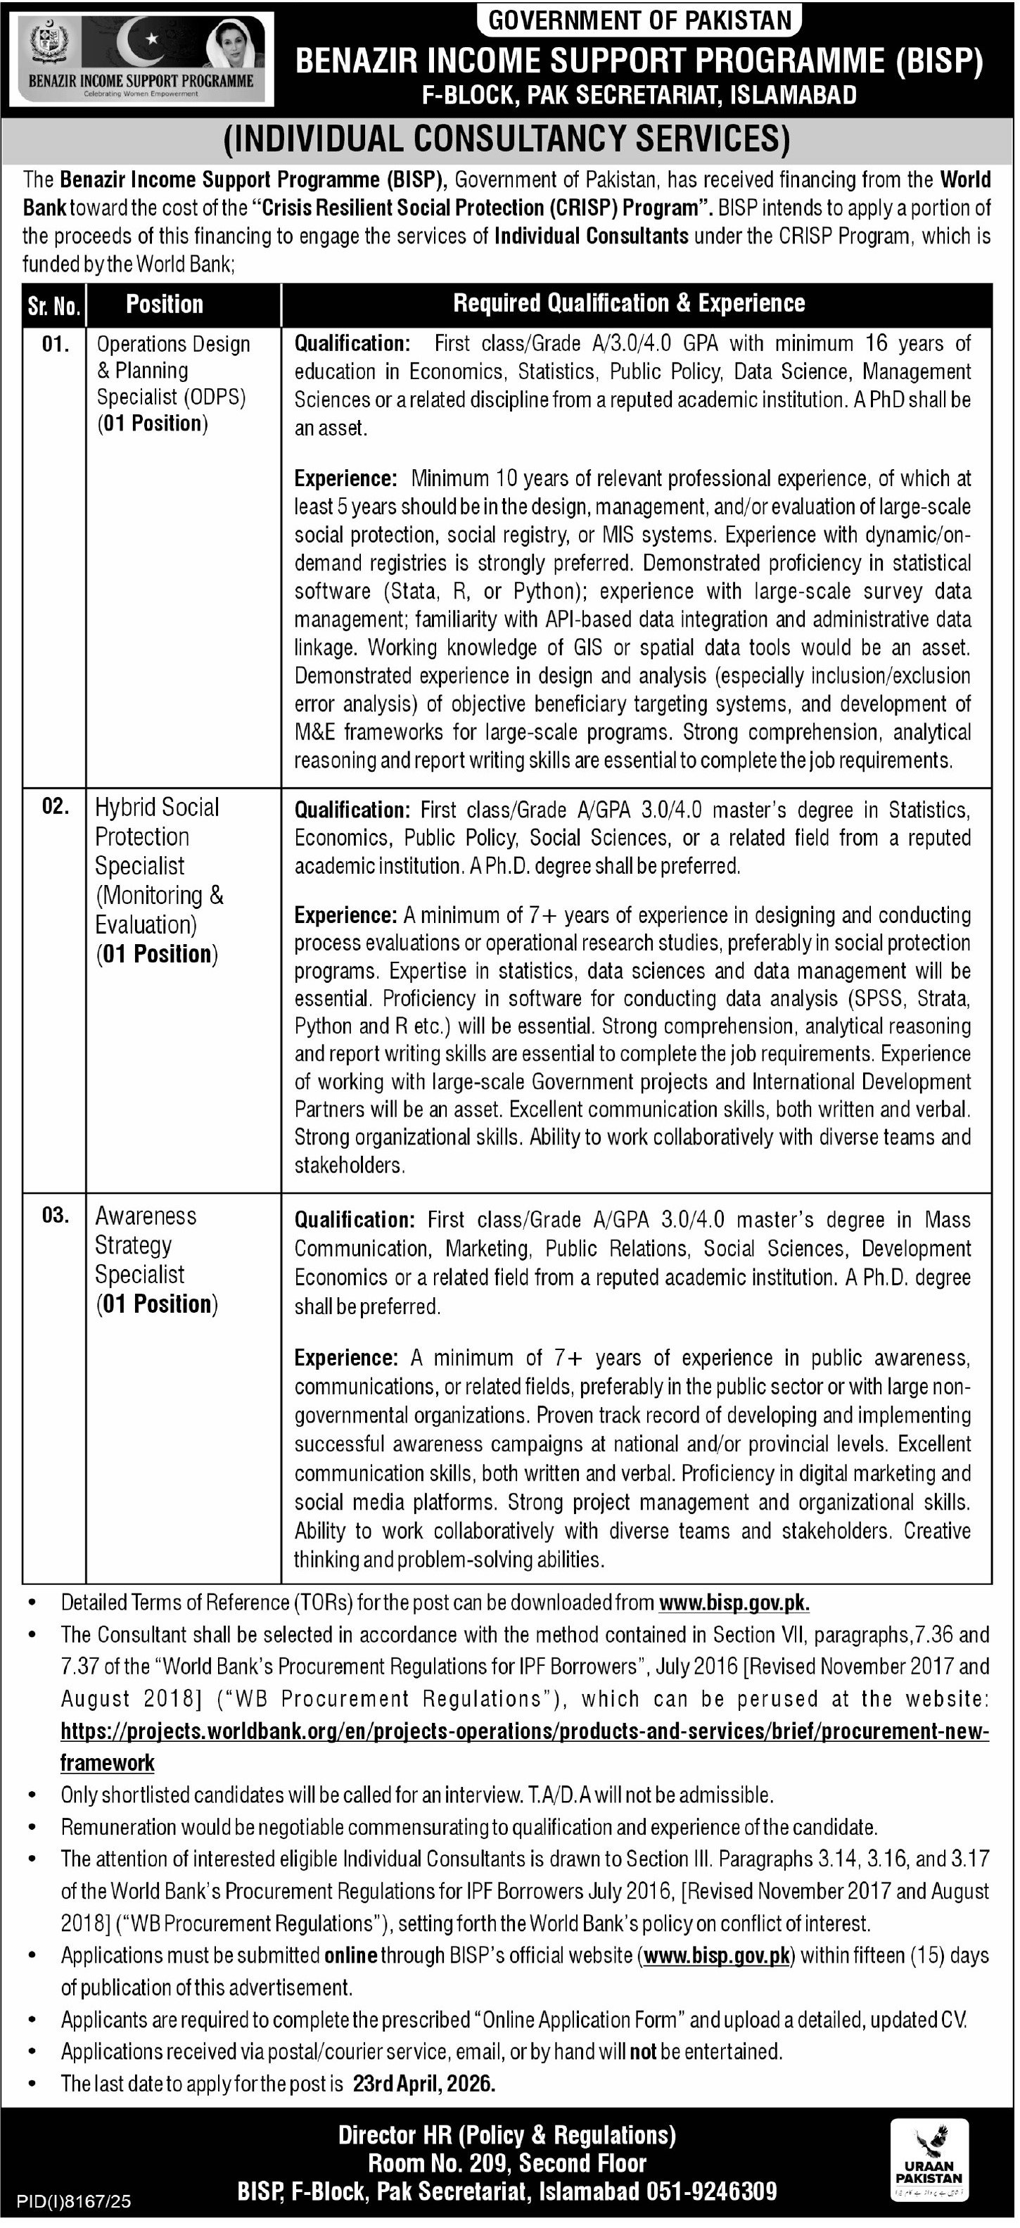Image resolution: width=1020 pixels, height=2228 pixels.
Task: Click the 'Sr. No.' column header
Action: [53, 305]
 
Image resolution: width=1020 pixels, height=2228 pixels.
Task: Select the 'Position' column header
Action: [165, 305]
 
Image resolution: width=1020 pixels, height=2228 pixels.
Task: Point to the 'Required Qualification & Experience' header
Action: [629, 304]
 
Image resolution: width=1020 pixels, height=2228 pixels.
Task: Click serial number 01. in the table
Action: [54, 344]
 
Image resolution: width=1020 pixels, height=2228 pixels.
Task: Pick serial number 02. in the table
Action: [54, 807]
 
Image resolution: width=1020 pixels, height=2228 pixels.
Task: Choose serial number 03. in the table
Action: [54, 1216]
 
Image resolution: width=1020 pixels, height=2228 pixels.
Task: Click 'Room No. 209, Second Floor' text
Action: [507, 2163]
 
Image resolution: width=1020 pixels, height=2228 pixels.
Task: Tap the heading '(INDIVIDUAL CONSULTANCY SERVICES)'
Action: [507, 139]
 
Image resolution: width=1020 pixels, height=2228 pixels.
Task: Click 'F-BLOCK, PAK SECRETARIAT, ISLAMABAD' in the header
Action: [639, 95]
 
